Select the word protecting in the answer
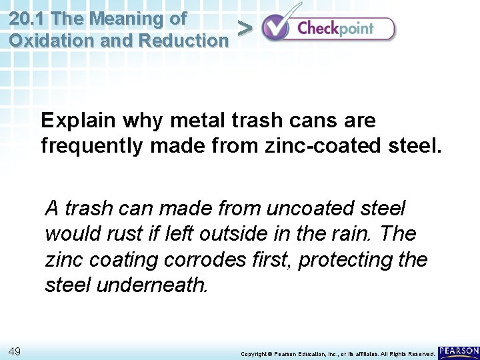pos(343,260)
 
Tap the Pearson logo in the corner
pos(459,351)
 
